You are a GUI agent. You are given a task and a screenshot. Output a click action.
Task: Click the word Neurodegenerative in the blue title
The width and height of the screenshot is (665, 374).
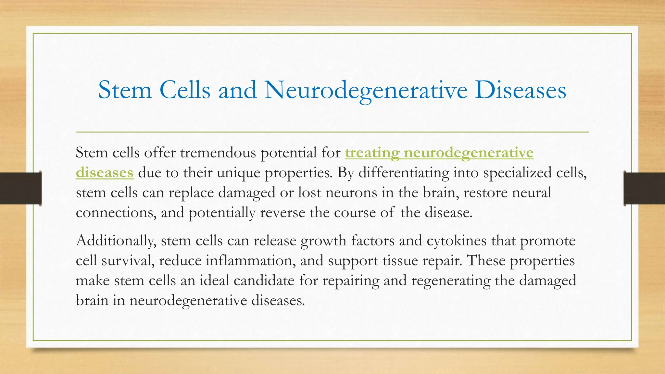pyautogui.click(x=366, y=90)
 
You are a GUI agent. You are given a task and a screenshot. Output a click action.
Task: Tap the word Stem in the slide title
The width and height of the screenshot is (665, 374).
pyautogui.click(x=125, y=90)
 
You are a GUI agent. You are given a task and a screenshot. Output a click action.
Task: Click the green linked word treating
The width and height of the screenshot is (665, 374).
pyautogui.click(x=372, y=153)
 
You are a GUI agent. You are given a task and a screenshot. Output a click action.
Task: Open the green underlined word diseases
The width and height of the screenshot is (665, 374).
pyautogui.click(x=105, y=172)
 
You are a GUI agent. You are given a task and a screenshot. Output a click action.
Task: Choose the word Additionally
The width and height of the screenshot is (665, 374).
pyautogui.click(x=116, y=241)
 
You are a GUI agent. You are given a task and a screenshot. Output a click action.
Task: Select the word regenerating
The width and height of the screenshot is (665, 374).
pyautogui.click(x=451, y=280)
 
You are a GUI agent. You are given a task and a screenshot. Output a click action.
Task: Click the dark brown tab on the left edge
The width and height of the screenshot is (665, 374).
pyautogui.click(x=20, y=188)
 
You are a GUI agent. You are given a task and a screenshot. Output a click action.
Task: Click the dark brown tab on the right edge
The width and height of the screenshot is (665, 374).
pyautogui.click(x=644, y=188)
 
